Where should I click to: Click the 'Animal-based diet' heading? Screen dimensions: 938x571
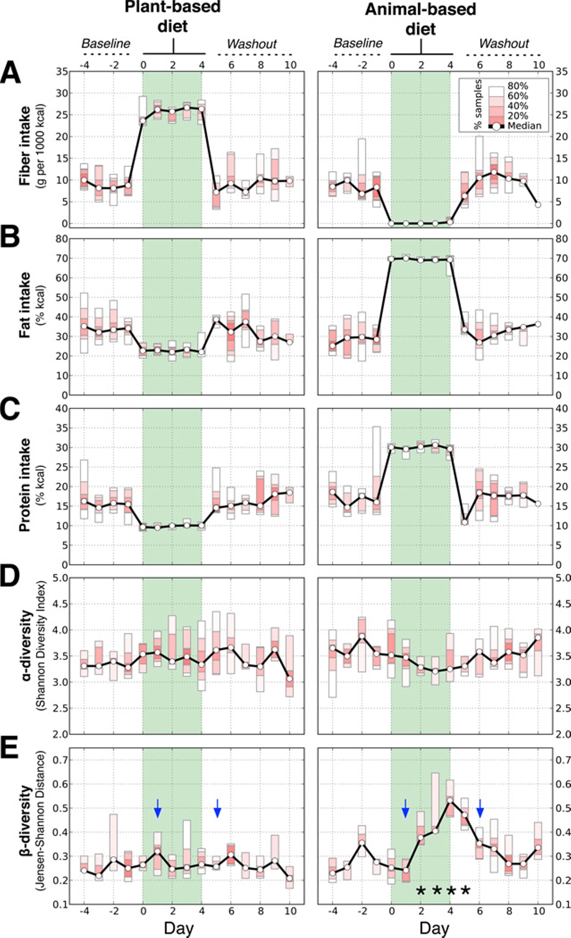click(421, 18)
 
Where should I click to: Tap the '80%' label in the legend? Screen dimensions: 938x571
click(518, 86)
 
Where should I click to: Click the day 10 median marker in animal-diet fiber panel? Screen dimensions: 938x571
click(538, 204)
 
